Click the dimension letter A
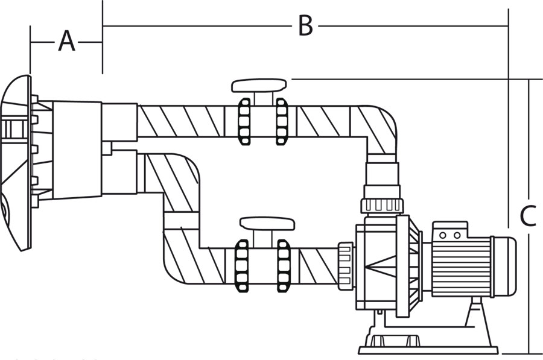pos(66,42)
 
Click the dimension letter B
pos(305,26)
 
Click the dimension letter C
pos(527,216)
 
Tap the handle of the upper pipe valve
pos(259,84)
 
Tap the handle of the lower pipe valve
pos(268,224)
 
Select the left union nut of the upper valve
pos(244,121)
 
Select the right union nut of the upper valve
pos(282,121)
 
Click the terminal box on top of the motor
pos(450,230)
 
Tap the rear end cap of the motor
pos(505,266)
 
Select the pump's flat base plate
pos(428,349)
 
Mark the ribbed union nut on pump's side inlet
pos(345,265)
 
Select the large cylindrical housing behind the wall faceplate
pos(77,150)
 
